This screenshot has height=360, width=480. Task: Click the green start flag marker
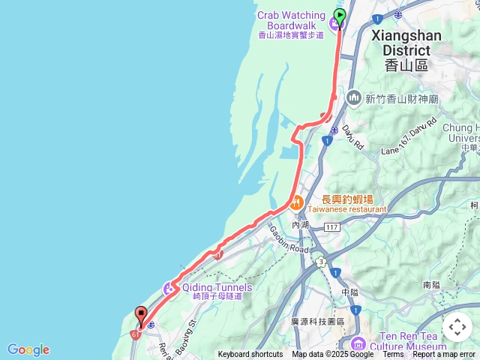[339, 16]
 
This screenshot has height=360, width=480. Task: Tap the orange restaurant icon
[296, 200]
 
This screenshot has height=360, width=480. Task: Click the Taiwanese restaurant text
[346, 210]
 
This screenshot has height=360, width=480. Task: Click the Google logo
[28, 349]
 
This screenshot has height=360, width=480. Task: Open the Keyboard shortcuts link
[250, 355]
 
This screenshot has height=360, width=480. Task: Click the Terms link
[394, 355]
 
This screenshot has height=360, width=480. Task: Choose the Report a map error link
[445, 355]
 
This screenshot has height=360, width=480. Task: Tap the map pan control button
[457, 327]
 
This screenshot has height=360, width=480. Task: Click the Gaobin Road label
[288, 238]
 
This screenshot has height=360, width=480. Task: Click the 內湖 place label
[301, 224]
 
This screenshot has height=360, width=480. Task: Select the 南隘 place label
[431, 285]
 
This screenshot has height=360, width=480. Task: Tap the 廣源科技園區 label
[318, 321]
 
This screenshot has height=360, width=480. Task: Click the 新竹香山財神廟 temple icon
[354, 98]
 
